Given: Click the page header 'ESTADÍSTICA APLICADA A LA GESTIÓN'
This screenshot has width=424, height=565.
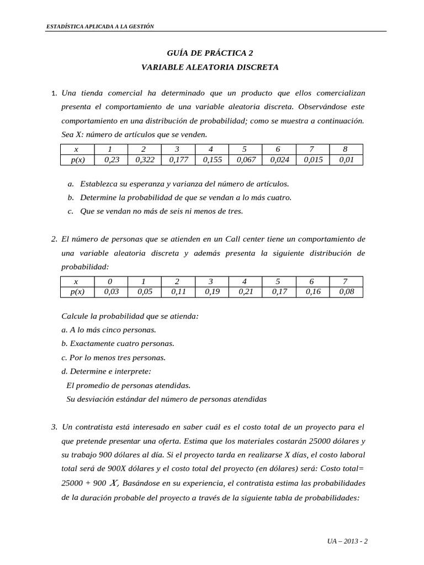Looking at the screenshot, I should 100,26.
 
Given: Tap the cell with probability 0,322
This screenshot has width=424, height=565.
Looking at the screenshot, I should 144,160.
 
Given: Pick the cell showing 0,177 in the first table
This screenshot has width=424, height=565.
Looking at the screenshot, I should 177,160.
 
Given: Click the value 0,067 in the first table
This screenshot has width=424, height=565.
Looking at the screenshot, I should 245,160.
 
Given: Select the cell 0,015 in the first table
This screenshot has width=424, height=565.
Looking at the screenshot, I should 312,160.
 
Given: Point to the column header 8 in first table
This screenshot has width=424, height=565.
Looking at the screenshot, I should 346,150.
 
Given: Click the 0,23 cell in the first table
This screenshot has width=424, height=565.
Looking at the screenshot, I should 110,160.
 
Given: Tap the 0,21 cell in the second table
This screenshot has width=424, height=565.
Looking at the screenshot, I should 245,292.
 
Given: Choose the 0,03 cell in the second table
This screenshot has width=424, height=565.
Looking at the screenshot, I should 110,292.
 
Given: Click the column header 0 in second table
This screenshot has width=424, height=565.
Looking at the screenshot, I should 110,281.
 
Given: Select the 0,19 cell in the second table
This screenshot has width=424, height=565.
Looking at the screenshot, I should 211,292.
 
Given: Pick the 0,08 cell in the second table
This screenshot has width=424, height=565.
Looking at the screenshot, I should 346,292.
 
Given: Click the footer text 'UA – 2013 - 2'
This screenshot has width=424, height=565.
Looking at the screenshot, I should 347,541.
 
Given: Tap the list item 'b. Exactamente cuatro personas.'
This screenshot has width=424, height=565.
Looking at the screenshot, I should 118,343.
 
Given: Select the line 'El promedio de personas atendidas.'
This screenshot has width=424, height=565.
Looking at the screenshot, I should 128,385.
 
